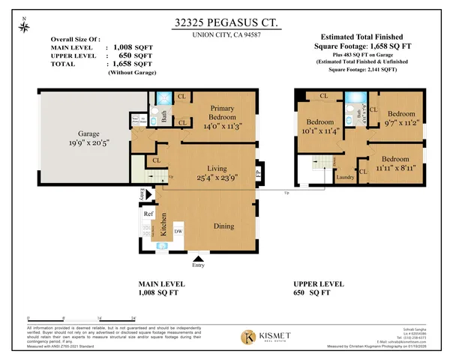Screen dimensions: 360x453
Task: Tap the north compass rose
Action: click(x=27, y=26)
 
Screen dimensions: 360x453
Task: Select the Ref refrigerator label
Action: click(x=148, y=213)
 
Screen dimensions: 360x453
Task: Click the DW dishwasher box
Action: click(x=178, y=232)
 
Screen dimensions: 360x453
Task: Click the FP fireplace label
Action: click(x=259, y=172)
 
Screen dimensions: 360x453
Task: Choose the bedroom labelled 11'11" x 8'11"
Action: click(x=400, y=164)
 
